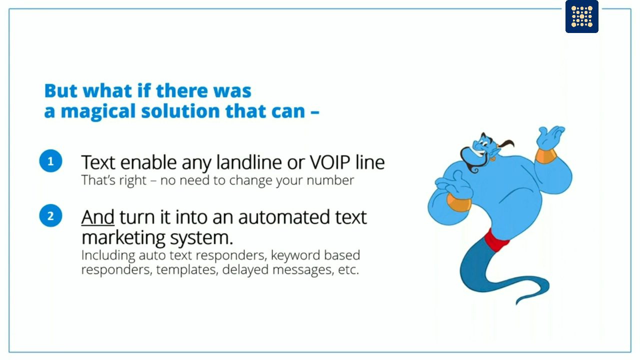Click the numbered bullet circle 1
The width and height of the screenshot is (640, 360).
point(50,161)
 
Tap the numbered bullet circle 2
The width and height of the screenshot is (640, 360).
point(50,216)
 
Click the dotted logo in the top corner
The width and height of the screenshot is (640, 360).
point(581,16)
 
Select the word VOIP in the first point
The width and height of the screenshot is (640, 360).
point(330,162)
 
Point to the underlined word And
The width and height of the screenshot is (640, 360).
point(98,217)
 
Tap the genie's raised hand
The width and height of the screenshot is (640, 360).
point(550,135)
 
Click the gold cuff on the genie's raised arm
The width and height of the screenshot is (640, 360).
point(546,155)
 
